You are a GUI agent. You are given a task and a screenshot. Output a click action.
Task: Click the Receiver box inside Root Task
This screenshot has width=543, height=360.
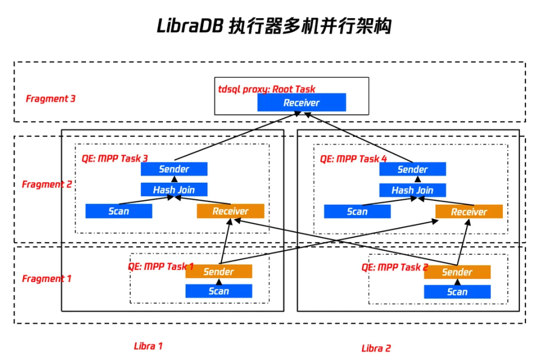pos(301,102)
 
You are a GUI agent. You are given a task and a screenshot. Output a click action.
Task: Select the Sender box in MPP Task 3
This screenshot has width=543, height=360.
pos(174,169)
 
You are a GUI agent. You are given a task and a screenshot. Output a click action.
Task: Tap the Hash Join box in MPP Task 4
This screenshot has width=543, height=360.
pos(412,190)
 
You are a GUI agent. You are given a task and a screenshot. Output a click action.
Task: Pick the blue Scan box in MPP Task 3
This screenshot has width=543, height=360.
pos(119,211)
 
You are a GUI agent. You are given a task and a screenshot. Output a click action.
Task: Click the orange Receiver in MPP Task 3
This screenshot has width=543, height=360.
pos(230,211)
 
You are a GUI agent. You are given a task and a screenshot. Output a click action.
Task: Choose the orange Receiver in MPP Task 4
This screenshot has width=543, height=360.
pos(469,212)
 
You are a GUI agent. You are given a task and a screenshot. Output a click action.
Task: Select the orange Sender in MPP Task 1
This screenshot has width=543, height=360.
pos(219,271)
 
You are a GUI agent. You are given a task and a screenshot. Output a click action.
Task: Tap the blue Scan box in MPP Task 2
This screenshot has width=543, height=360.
pos(457,292)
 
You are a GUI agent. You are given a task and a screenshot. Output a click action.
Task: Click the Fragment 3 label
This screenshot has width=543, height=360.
pos(51,98)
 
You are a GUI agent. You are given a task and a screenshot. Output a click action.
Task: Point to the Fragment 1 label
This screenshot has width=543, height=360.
pos(47,278)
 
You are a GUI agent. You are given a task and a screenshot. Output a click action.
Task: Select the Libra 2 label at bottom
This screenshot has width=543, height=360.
pos(376,348)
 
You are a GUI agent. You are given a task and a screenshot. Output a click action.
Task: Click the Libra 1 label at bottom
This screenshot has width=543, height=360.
pos(148,346)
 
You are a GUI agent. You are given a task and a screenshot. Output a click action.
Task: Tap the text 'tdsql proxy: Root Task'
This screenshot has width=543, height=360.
pos(267,89)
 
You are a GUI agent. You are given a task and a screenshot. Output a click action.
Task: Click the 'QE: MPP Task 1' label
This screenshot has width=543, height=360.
pos(161,266)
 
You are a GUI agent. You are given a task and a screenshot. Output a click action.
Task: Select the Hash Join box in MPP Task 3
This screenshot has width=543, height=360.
pos(174,190)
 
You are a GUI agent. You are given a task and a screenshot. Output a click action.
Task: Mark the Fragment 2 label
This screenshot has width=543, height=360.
pos(47,184)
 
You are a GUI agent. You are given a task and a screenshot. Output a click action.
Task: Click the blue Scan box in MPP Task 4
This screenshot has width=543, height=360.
pos(357,211)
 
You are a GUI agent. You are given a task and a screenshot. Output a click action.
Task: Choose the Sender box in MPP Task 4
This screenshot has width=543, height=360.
pos(412,169)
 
